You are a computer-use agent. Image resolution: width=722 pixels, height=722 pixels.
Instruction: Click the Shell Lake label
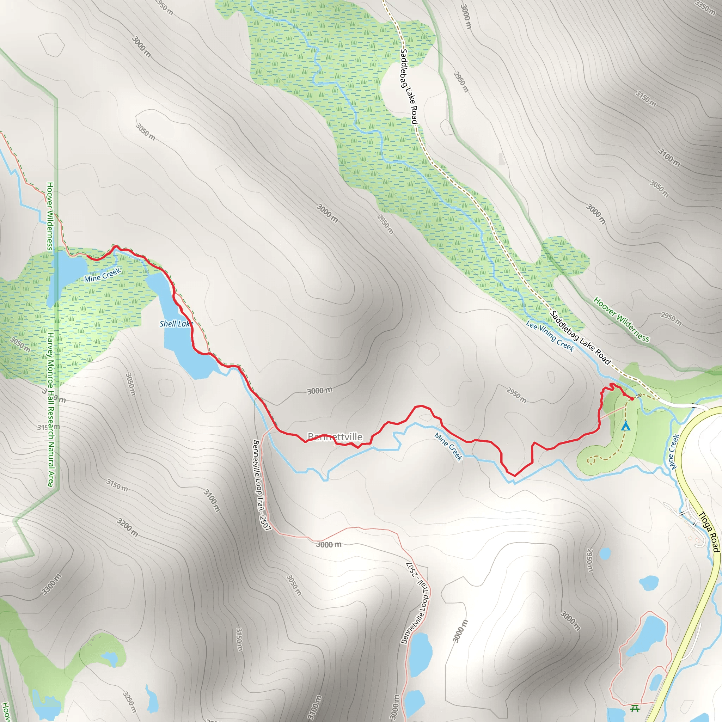[176, 324]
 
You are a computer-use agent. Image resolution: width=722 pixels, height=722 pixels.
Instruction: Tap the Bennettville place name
[335, 436]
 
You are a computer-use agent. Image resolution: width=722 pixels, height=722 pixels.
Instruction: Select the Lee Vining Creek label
[550, 336]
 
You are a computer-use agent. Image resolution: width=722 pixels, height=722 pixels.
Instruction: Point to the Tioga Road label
[709, 531]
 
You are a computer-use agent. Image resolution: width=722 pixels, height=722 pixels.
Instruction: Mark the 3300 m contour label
[51, 584]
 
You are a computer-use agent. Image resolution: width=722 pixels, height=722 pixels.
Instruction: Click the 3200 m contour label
[127, 527]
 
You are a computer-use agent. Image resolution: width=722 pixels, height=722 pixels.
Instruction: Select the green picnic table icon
[635, 708]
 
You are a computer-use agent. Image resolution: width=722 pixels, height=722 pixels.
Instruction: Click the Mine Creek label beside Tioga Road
[673, 452]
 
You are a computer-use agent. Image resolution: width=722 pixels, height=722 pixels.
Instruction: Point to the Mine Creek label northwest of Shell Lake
[102, 275]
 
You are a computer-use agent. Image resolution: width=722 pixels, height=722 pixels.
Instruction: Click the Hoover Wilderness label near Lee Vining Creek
[622, 319]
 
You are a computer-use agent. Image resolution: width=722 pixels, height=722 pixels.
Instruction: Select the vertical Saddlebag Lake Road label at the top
[409, 86]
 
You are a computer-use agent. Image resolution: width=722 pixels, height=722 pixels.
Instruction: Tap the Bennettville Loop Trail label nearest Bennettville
[261, 485]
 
